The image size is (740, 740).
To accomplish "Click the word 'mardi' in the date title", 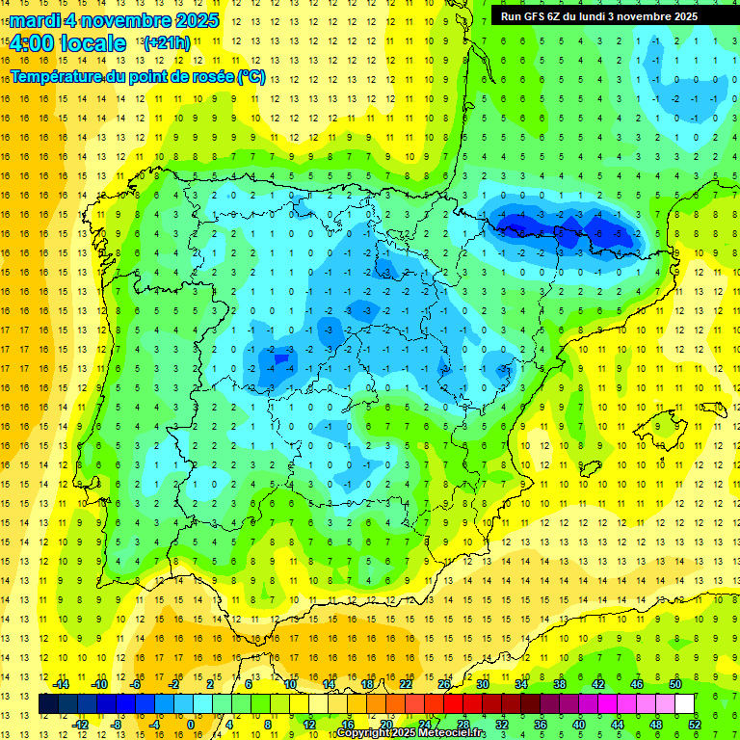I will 34,20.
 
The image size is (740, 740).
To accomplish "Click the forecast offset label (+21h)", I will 166,43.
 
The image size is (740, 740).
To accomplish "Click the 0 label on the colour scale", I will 191,724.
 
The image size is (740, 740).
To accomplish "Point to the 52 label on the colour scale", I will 695,724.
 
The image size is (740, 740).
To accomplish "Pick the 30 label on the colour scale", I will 482,684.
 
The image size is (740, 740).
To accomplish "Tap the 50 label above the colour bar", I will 674,684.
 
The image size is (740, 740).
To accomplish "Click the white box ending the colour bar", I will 685,703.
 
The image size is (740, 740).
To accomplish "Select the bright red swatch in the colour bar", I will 453,703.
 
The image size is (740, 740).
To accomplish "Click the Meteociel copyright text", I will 411,733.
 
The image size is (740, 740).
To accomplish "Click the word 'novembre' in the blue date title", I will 119,20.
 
